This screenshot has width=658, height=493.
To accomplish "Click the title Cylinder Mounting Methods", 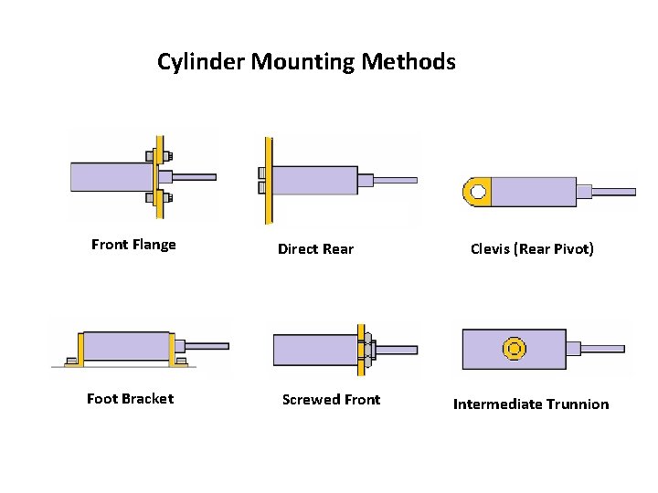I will coord(305,62).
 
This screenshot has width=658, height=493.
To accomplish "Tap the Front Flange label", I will coord(133,245).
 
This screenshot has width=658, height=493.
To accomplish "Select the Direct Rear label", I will coord(315,249).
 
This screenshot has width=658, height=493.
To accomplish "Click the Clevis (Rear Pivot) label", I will coord(532,248).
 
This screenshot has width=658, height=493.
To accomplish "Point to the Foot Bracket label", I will coord(130,399).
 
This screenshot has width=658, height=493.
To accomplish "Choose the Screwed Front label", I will coord(331,400).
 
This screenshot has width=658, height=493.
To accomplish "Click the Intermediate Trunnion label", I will coord(531,404).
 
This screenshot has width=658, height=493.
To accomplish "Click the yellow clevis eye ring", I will coord(477,192).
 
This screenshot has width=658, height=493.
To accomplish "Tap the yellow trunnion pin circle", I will coord(515,348).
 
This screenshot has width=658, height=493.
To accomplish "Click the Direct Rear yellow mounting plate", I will coord(269,181).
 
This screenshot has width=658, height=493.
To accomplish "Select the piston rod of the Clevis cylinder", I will coord(614,192).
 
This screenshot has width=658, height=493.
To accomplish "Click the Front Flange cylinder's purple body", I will coord(111,176).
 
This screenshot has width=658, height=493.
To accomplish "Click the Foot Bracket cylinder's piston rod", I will coord(208,346).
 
